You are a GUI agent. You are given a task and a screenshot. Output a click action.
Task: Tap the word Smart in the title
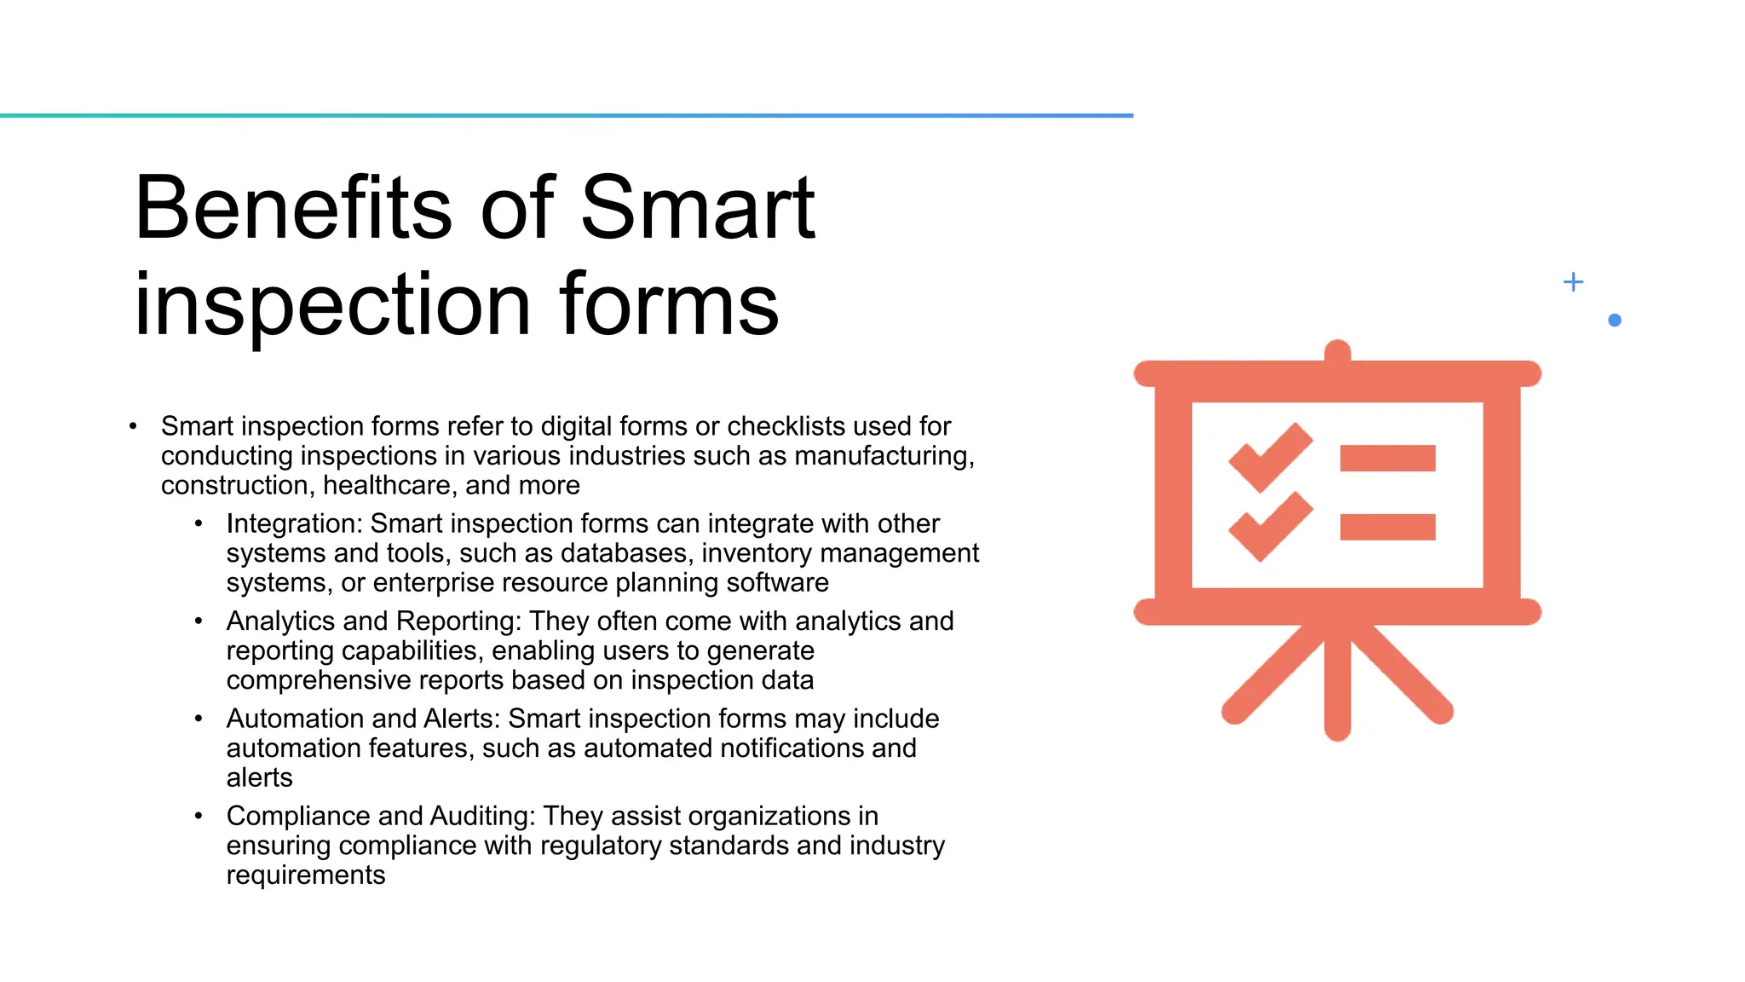tap(697, 208)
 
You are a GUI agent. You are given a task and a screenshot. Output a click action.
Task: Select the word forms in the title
tap(669, 304)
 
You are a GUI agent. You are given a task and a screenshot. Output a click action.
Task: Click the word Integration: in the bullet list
tap(294, 523)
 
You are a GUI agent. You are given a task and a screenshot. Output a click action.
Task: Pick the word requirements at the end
tap(306, 875)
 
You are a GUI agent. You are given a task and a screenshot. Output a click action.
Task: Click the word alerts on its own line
tap(259, 778)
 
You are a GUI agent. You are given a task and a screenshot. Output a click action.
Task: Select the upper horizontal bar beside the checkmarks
tap(1387, 459)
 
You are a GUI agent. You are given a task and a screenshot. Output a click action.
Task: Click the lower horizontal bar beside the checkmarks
tap(1387, 527)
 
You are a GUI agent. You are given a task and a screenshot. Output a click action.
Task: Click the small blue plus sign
tap(1573, 282)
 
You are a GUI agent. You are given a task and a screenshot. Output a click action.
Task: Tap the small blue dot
tap(1614, 321)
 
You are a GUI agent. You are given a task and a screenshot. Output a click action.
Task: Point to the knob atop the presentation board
tap(1337, 351)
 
